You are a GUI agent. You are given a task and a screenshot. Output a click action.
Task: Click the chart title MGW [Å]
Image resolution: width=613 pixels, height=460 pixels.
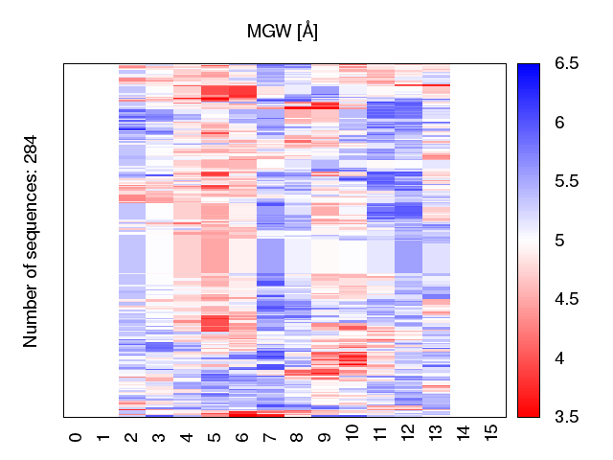tap(283, 32)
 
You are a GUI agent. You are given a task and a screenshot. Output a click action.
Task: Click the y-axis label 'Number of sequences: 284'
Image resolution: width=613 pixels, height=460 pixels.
tap(31, 241)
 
